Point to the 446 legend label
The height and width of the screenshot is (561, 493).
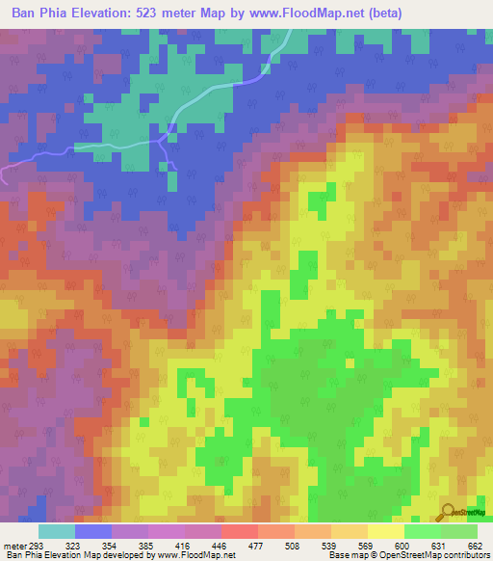coord(221,545)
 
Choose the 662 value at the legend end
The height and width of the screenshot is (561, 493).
coord(474,545)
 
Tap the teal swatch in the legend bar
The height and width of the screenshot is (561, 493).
coord(57,531)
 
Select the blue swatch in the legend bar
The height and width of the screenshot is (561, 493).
coord(93,531)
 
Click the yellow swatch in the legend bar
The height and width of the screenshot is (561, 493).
coord(386,531)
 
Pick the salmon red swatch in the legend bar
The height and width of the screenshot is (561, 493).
coord(240,531)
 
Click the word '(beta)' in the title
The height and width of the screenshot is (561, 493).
coord(380,13)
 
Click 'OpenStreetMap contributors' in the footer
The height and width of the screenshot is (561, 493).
coord(443,555)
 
